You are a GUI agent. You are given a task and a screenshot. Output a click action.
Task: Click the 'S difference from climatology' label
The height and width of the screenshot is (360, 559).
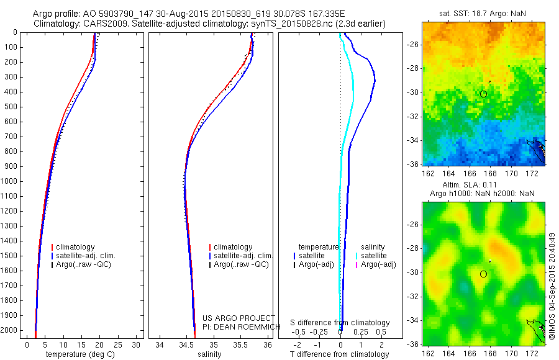[x=340, y=323]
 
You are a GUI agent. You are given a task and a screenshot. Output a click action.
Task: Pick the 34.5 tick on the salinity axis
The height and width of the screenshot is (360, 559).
[x=186, y=344]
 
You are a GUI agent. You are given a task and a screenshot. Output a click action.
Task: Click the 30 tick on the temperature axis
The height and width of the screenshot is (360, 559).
[x=137, y=344]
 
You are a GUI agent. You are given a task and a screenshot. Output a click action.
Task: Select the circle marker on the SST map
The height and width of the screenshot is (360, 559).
[x=483, y=94]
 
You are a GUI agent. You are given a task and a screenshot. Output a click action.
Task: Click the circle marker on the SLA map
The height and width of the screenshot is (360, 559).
[x=483, y=274]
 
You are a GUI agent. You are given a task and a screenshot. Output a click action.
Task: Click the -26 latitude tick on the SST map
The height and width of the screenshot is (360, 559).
[x=413, y=45]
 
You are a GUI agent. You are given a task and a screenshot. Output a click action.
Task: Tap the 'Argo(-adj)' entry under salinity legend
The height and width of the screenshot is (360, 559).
[x=379, y=264]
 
